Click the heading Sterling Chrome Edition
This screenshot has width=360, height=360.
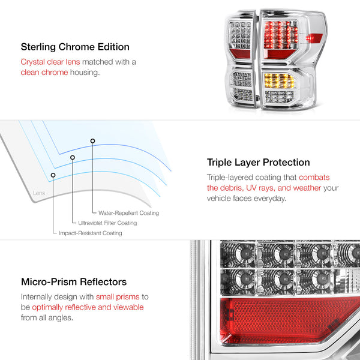pos(75,47)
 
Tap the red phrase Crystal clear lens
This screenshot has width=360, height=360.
pos(50,62)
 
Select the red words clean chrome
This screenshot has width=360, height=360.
pos(44,73)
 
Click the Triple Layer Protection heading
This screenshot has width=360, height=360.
pos(258,163)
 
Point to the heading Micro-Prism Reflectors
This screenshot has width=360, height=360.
pos(74,282)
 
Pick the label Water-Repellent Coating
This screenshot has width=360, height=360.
pos(128,213)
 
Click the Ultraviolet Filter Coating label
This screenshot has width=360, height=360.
pos(107,223)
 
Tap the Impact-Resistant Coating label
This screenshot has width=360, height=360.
pos(91,233)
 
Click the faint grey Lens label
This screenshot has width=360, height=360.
pos(39,193)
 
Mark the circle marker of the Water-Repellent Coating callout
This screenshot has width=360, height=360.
pos(92,141)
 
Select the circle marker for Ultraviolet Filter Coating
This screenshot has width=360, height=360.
pos(73,157)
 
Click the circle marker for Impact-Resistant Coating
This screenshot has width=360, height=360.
pos(53,175)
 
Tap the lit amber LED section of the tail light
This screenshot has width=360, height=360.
pos(279,80)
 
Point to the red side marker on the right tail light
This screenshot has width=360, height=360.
pos(314,38)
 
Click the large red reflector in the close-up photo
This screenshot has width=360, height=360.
pos(290,320)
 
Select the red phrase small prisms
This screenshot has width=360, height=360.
pos(118,297)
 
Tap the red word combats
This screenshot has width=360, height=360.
pos(314,177)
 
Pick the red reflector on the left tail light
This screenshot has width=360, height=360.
pos(240,54)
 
